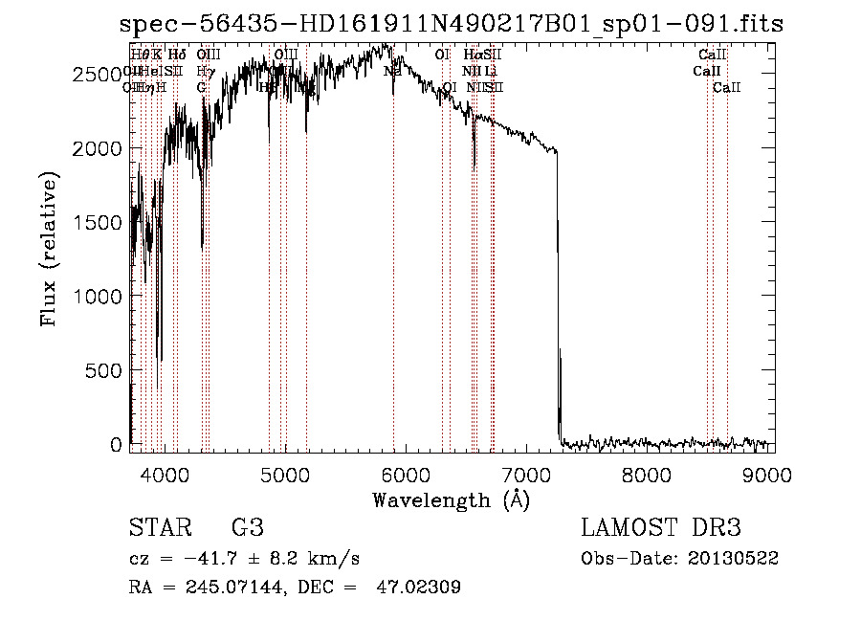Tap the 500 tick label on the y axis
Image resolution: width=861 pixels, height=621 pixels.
point(102,371)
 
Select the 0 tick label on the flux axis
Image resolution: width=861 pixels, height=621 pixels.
point(116,445)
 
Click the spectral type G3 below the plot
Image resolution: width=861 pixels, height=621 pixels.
point(247,527)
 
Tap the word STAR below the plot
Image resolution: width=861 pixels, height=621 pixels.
point(160,527)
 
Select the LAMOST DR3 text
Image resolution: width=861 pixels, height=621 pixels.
point(661,527)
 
